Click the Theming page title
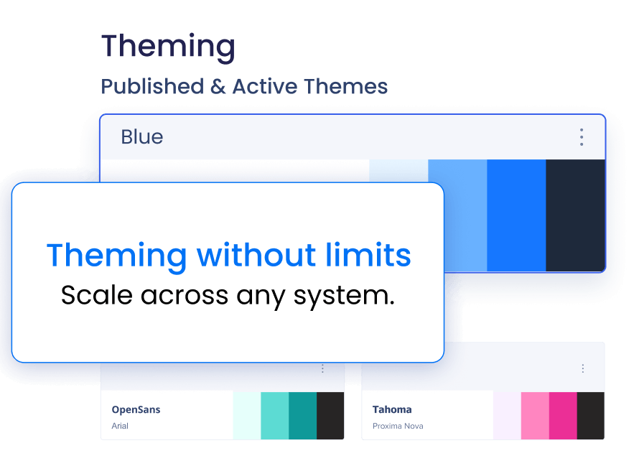tap(168, 47)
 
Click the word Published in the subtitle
tap(152, 87)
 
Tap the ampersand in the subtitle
tap(218, 87)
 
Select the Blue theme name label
tap(142, 136)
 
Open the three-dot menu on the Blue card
tap(582, 137)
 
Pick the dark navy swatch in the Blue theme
tap(575, 215)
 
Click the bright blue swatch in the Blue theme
tap(516, 215)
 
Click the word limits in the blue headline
tap(368, 255)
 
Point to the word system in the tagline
tap(344, 295)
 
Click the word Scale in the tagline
tap(97, 294)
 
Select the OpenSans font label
tap(136, 409)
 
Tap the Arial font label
tap(120, 426)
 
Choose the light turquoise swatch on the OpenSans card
tap(275, 416)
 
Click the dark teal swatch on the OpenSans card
tap(302, 416)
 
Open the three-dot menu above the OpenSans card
tap(322, 368)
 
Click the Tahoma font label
tap(392, 409)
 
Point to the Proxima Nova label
tap(398, 426)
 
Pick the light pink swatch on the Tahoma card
tap(535, 416)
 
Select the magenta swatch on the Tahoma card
tap(563, 416)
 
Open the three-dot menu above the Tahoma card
tap(582, 368)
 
